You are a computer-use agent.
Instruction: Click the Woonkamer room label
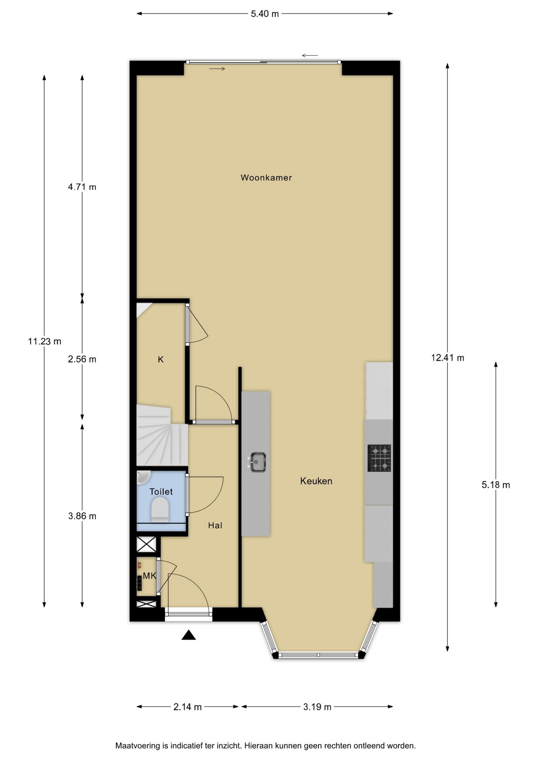tap(266, 178)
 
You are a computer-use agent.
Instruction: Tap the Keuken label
tap(316, 481)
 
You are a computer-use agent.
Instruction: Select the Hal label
tap(215, 525)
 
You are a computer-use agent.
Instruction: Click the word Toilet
tap(161, 492)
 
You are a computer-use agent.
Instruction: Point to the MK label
tap(149, 576)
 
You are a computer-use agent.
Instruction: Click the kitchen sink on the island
tap(257, 462)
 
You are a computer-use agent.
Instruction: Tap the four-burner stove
tap(379, 458)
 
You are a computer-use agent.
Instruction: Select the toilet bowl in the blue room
tap(160, 510)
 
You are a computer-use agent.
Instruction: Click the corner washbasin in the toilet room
tap(143, 477)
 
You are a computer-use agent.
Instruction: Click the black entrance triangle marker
tap(189, 635)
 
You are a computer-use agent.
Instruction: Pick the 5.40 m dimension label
tap(265, 14)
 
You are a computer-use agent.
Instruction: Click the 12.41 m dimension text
tap(448, 358)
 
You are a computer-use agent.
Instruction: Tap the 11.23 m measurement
tap(44, 341)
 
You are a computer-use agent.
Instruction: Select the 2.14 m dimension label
tap(187, 707)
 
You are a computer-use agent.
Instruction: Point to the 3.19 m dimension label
tap(317, 707)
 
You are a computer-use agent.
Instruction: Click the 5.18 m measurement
tap(496, 485)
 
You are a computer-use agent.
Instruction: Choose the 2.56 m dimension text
tap(82, 359)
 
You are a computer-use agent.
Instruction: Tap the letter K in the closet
tap(160, 359)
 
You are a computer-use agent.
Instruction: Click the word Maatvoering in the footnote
tap(138, 746)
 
